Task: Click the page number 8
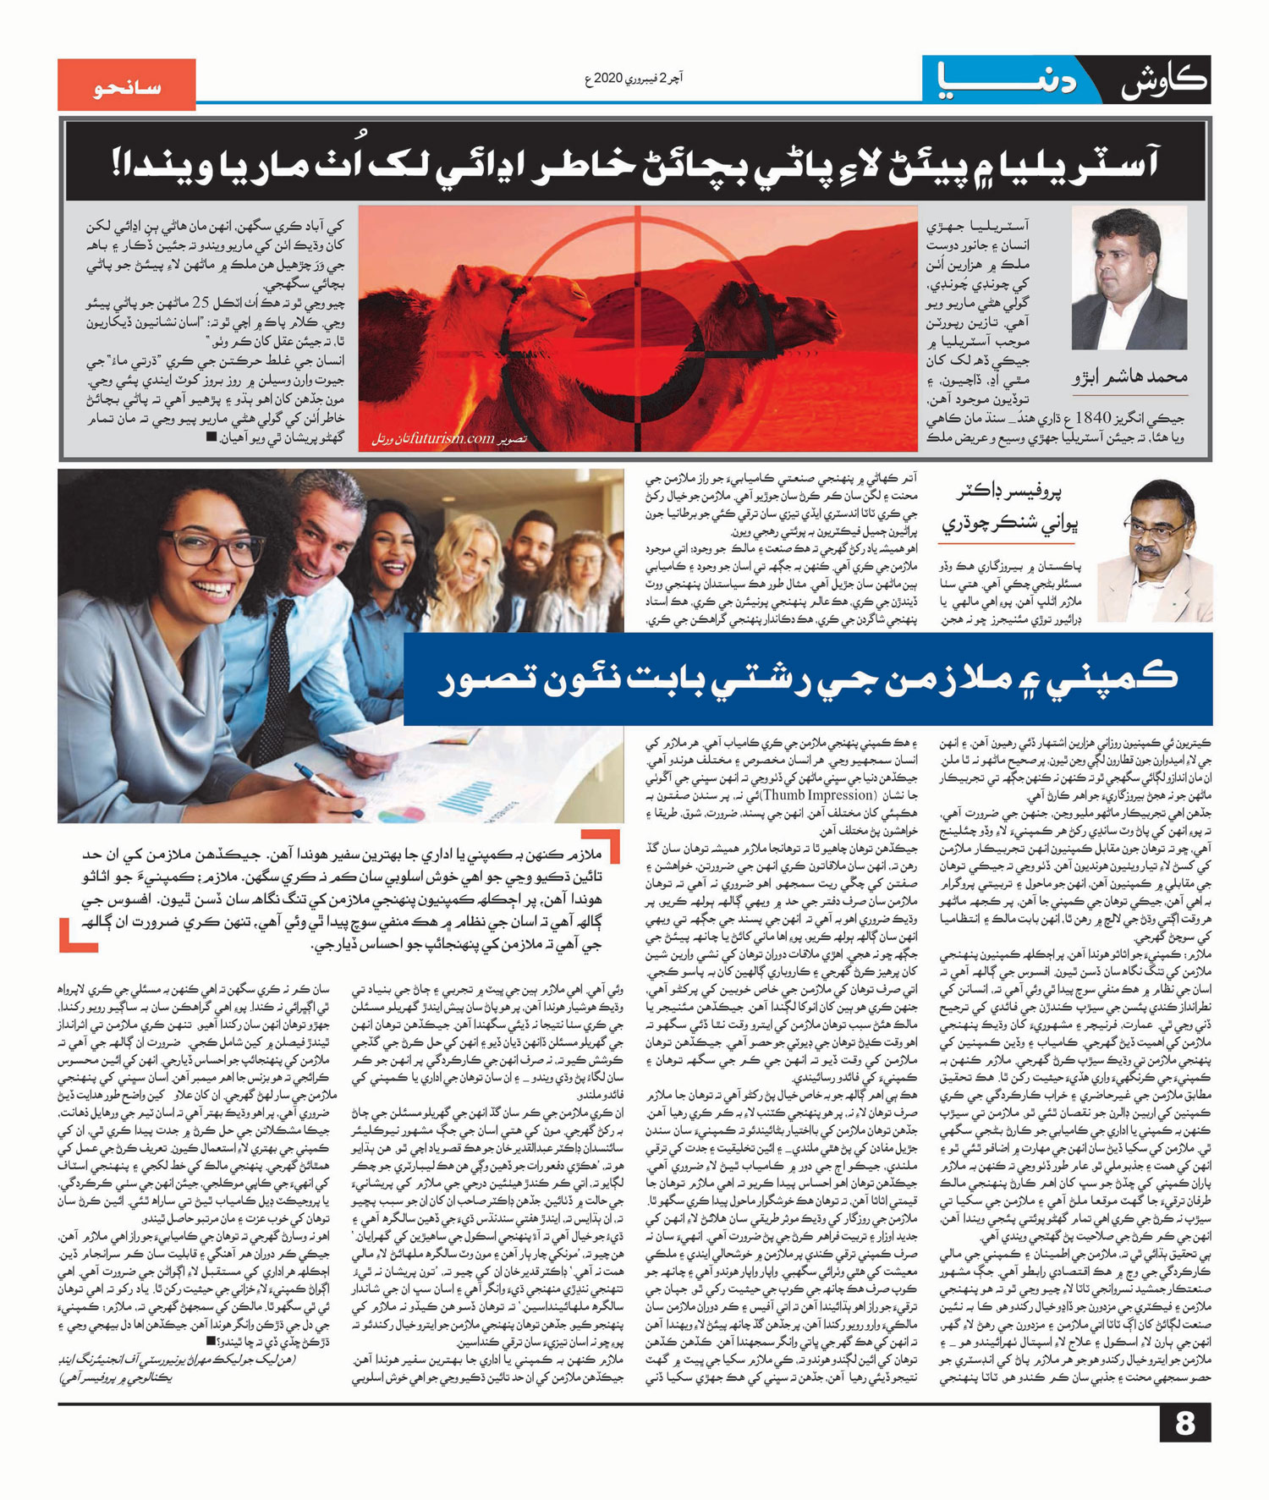click(1184, 1424)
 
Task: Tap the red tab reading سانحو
click(127, 85)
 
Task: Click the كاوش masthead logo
click(1162, 82)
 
